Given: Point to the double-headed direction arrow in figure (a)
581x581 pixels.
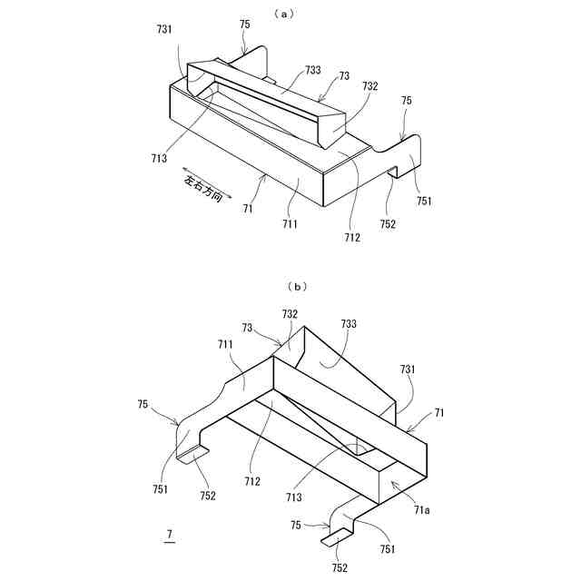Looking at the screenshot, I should pyautogui.click(x=206, y=181).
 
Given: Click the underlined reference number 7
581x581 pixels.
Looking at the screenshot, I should pyautogui.click(x=168, y=537).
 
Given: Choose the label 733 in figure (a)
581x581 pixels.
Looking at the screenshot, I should pyautogui.click(x=312, y=69).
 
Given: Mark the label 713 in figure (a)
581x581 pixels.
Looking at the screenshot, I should pyautogui.click(x=159, y=158).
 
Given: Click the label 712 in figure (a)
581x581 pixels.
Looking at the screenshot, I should pyautogui.click(x=352, y=238).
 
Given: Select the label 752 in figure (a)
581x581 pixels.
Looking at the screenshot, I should pyautogui.click(x=389, y=224).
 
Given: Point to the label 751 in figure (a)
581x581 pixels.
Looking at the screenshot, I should pyautogui.click(x=424, y=202).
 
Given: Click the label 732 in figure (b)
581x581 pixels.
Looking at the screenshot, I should pyautogui.click(x=290, y=313).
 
